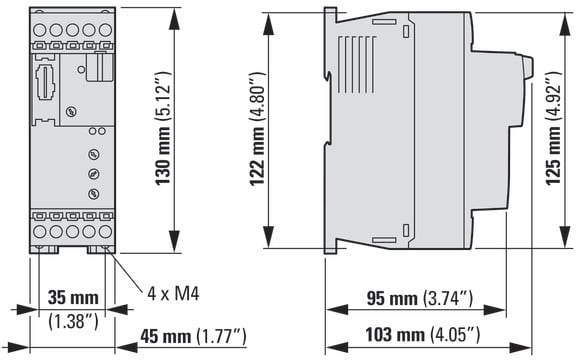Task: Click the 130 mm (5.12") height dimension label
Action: (x=162, y=128)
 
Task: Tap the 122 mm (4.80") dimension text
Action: (x=257, y=129)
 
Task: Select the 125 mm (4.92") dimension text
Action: (x=554, y=128)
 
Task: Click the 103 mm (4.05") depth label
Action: (x=423, y=335)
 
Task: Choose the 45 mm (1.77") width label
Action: (x=193, y=336)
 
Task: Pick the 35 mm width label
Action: (x=73, y=297)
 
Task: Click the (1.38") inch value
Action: (x=74, y=321)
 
